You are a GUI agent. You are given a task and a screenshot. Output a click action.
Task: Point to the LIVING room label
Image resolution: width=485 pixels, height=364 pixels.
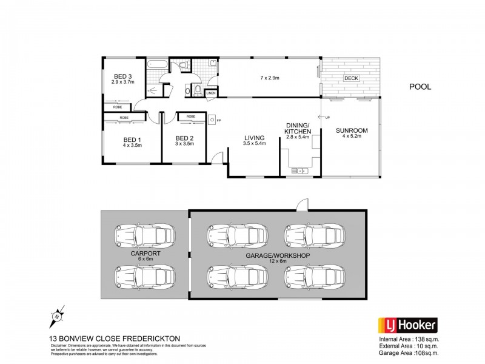coord(255,138)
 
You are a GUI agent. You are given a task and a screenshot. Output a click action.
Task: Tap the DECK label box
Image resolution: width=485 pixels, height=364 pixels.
coord(350,78)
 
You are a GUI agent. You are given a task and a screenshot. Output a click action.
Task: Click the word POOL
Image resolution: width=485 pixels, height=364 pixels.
coord(420,87)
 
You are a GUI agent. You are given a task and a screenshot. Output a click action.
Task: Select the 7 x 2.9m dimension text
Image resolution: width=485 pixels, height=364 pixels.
coord(270,78)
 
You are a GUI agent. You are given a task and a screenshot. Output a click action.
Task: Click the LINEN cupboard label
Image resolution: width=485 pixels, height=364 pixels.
coord(210,93)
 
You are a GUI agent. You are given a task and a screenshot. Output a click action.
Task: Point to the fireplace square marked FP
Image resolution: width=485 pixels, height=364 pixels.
coord(213,120)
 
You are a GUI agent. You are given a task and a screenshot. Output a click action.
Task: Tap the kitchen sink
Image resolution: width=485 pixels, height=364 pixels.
coord(300,171)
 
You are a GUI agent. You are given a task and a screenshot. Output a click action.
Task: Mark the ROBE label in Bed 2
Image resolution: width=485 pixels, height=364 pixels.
coord(190,116)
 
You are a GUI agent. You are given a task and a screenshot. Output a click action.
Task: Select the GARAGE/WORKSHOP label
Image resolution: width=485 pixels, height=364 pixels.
coord(278,256)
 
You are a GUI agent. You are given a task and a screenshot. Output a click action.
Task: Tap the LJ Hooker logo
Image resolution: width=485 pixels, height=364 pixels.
coord(407,325)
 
